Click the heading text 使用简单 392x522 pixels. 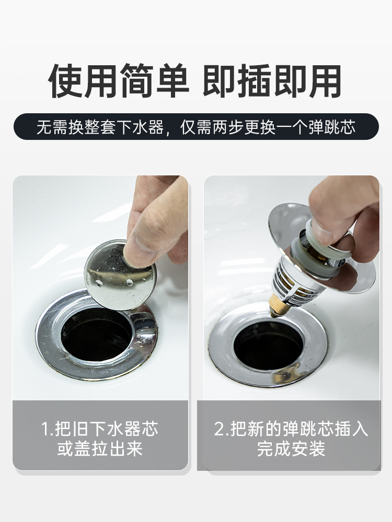click(119, 81)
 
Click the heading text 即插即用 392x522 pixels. click(272, 81)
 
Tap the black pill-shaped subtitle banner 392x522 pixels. click(196, 126)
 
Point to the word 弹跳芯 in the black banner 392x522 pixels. click(332, 127)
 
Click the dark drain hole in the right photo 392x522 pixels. click(268, 345)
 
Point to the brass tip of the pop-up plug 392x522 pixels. click(277, 305)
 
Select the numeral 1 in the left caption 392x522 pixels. click(45, 429)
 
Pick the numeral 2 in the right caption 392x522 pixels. click(220, 429)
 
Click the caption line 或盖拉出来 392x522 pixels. click(100, 449)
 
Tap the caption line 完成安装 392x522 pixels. click(291, 449)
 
